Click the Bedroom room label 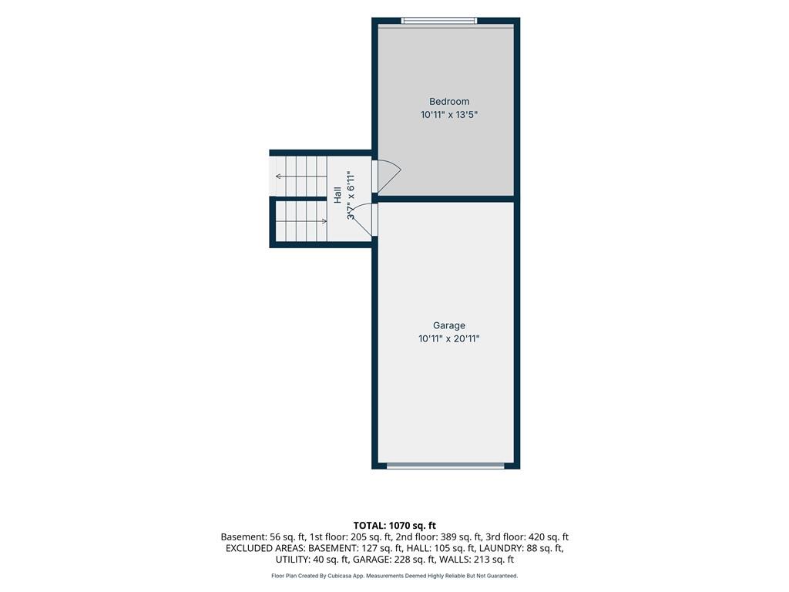(x=449, y=101)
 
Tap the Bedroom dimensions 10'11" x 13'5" (x=449, y=115)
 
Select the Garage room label (x=449, y=325)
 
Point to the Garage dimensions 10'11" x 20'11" (x=449, y=339)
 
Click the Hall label (x=337, y=195)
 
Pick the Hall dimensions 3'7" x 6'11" (x=351, y=195)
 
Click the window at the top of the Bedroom (x=438, y=21)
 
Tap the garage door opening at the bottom (x=445, y=466)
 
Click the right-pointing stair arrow (x=301, y=221)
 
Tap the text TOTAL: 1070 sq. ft (x=394, y=526)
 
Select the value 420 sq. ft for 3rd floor (x=549, y=537)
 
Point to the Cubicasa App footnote (x=394, y=576)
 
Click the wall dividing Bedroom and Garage (x=446, y=199)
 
